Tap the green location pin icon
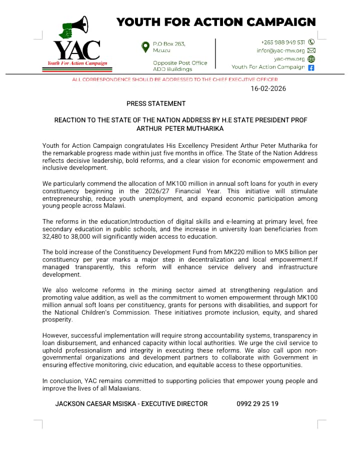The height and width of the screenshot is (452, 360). click(145, 47)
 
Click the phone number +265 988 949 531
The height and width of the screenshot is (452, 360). click(283, 42)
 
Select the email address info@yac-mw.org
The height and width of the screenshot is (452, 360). click(280, 50)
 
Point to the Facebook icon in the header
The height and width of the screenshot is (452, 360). click(311, 67)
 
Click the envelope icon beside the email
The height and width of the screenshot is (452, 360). click(311, 50)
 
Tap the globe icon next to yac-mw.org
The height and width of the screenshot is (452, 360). click(311, 59)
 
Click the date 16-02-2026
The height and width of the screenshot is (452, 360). click(268, 89)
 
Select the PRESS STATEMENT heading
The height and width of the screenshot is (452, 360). click(156, 103)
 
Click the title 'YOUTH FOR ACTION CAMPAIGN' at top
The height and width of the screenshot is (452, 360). click(216, 22)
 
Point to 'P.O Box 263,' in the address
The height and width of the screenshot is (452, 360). click(169, 44)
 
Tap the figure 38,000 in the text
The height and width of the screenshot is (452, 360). click(85, 236)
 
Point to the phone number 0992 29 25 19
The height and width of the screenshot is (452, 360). click(257, 404)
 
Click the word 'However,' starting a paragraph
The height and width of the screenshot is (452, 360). click(56, 335)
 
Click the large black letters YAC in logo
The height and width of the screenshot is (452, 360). click(76, 50)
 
